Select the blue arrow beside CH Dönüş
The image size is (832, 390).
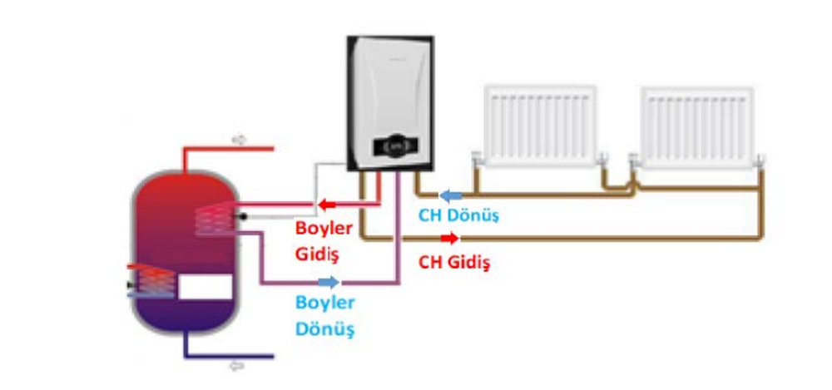coord(450,196)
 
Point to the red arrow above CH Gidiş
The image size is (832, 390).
coord(449,239)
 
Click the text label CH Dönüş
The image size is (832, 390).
coord(458,215)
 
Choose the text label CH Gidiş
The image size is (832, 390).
coord(453,264)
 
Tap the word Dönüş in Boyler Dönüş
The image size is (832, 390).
coord(325,328)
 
